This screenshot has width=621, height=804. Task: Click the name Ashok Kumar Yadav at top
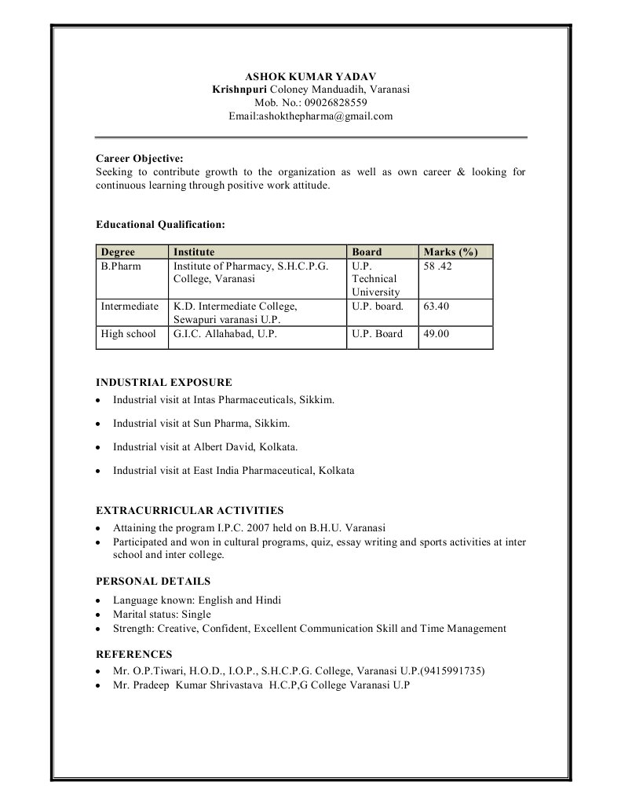(x=311, y=77)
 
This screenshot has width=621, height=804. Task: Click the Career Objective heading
(x=140, y=158)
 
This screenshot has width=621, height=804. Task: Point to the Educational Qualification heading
(x=160, y=225)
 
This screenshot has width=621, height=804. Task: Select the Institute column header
(x=194, y=252)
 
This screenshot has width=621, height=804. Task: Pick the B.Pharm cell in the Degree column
(x=119, y=266)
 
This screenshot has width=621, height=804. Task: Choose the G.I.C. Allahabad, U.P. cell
(x=225, y=334)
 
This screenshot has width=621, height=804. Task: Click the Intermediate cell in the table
(x=130, y=307)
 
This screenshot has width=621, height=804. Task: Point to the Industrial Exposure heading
(x=163, y=383)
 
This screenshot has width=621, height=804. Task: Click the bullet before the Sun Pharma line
(x=97, y=424)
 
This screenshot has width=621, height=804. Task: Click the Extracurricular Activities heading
(x=189, y=510)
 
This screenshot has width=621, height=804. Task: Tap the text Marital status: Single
(x=162, y=615)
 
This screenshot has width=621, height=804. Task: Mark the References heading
(x=133, y=654)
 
